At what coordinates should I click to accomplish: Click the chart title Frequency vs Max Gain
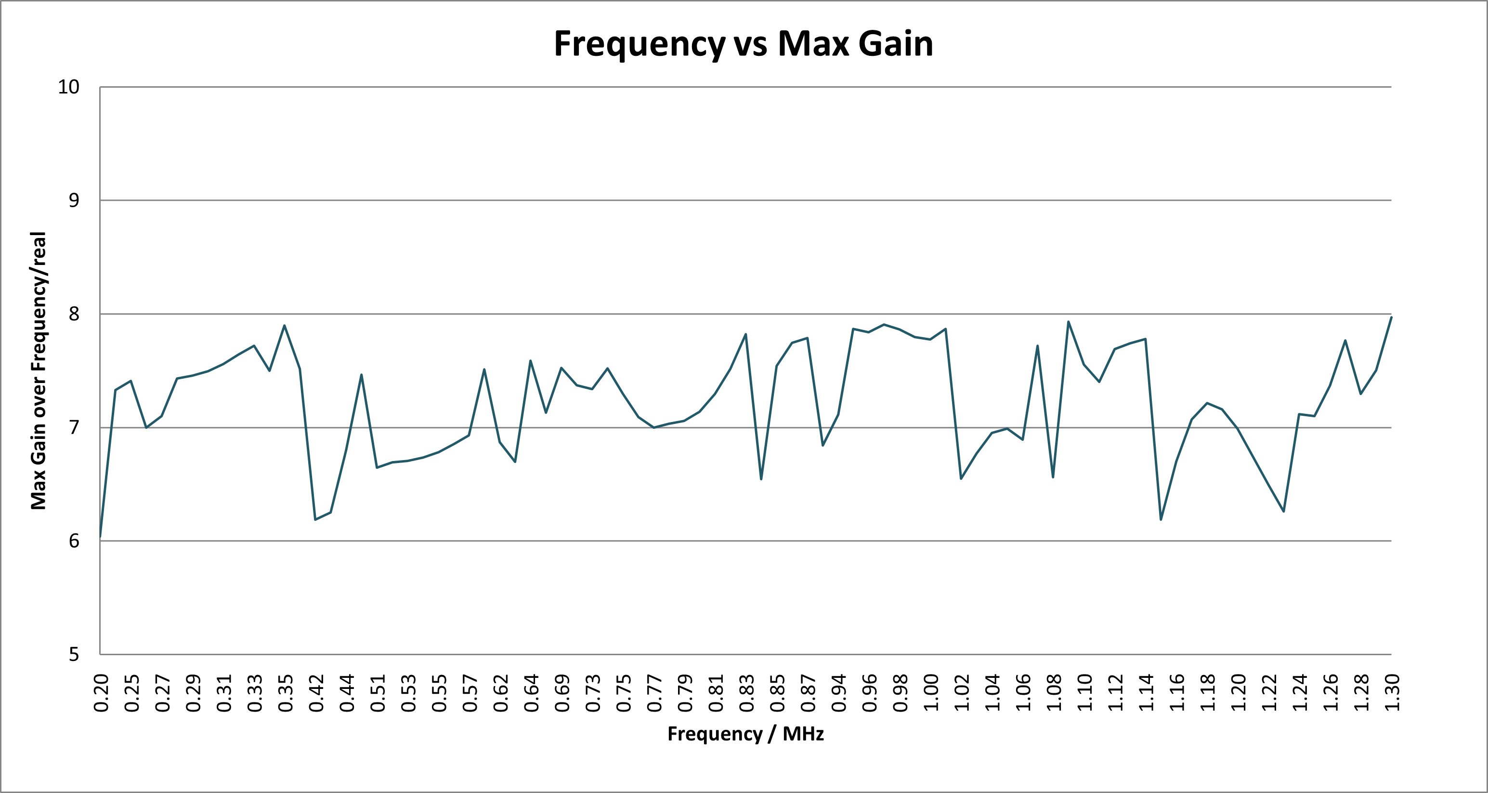tap(744, 43)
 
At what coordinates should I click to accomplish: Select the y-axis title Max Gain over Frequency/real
tap(38, 370)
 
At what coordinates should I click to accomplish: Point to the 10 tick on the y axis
tap(68, 87)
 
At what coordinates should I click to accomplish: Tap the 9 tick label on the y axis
tap(73, 200)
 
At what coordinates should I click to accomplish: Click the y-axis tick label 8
tap(73, 314)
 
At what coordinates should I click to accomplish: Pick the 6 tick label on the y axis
tap(73, 541)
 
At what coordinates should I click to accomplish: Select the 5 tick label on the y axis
tap(73, 654)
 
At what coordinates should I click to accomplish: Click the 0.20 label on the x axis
tap(101, 692)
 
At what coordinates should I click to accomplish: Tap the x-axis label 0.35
tap(286, 692)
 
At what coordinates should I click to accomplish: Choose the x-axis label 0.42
tap(316, 692)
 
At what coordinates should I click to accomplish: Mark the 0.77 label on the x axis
tap(654, 692)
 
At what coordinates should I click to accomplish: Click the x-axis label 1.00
tap(930, 692)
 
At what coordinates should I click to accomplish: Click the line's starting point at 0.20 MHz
tap(101, 538)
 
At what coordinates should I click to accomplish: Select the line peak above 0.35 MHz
tap(285, 325)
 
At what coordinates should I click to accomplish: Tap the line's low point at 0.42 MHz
tap(315, 519)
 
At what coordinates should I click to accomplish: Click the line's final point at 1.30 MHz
tap(1391, 317)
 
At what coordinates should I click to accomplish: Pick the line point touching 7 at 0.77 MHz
tap(654, 427)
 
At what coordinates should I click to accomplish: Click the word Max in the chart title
tap(813, 43)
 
